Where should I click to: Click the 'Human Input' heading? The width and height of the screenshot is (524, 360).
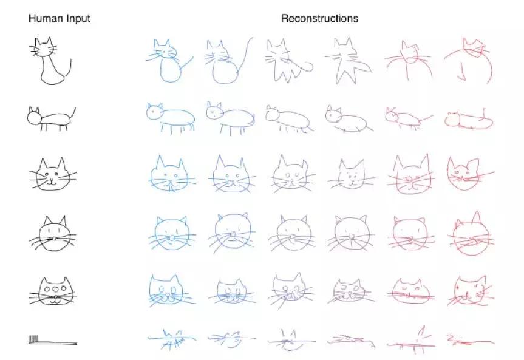pyautogui.click(x=59, y=18)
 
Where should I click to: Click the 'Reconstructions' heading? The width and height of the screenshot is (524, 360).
pyautogui.click(x=319, y=18)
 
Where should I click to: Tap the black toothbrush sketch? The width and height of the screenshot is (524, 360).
pyautogui.click(x=53, y=341)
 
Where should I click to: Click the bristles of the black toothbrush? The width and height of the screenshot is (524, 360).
pyautogui.click(x=33, y=339)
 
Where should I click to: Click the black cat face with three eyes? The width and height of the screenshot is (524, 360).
pyautogui.click(x=53, y=291)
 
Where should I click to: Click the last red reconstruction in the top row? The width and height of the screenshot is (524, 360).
pyautogui.click(x=469, y=61)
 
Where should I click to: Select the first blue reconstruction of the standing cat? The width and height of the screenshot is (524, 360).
pyautogui.click(x=171, y=118)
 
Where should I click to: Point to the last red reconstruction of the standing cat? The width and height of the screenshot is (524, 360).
pyautogui.click(x=469, y=120)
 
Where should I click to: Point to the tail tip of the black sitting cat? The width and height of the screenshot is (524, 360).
pyautogui.click(x=71, y=59)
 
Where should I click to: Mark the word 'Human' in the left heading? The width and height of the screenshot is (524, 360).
pyautogui.click(x=46, y=18)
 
